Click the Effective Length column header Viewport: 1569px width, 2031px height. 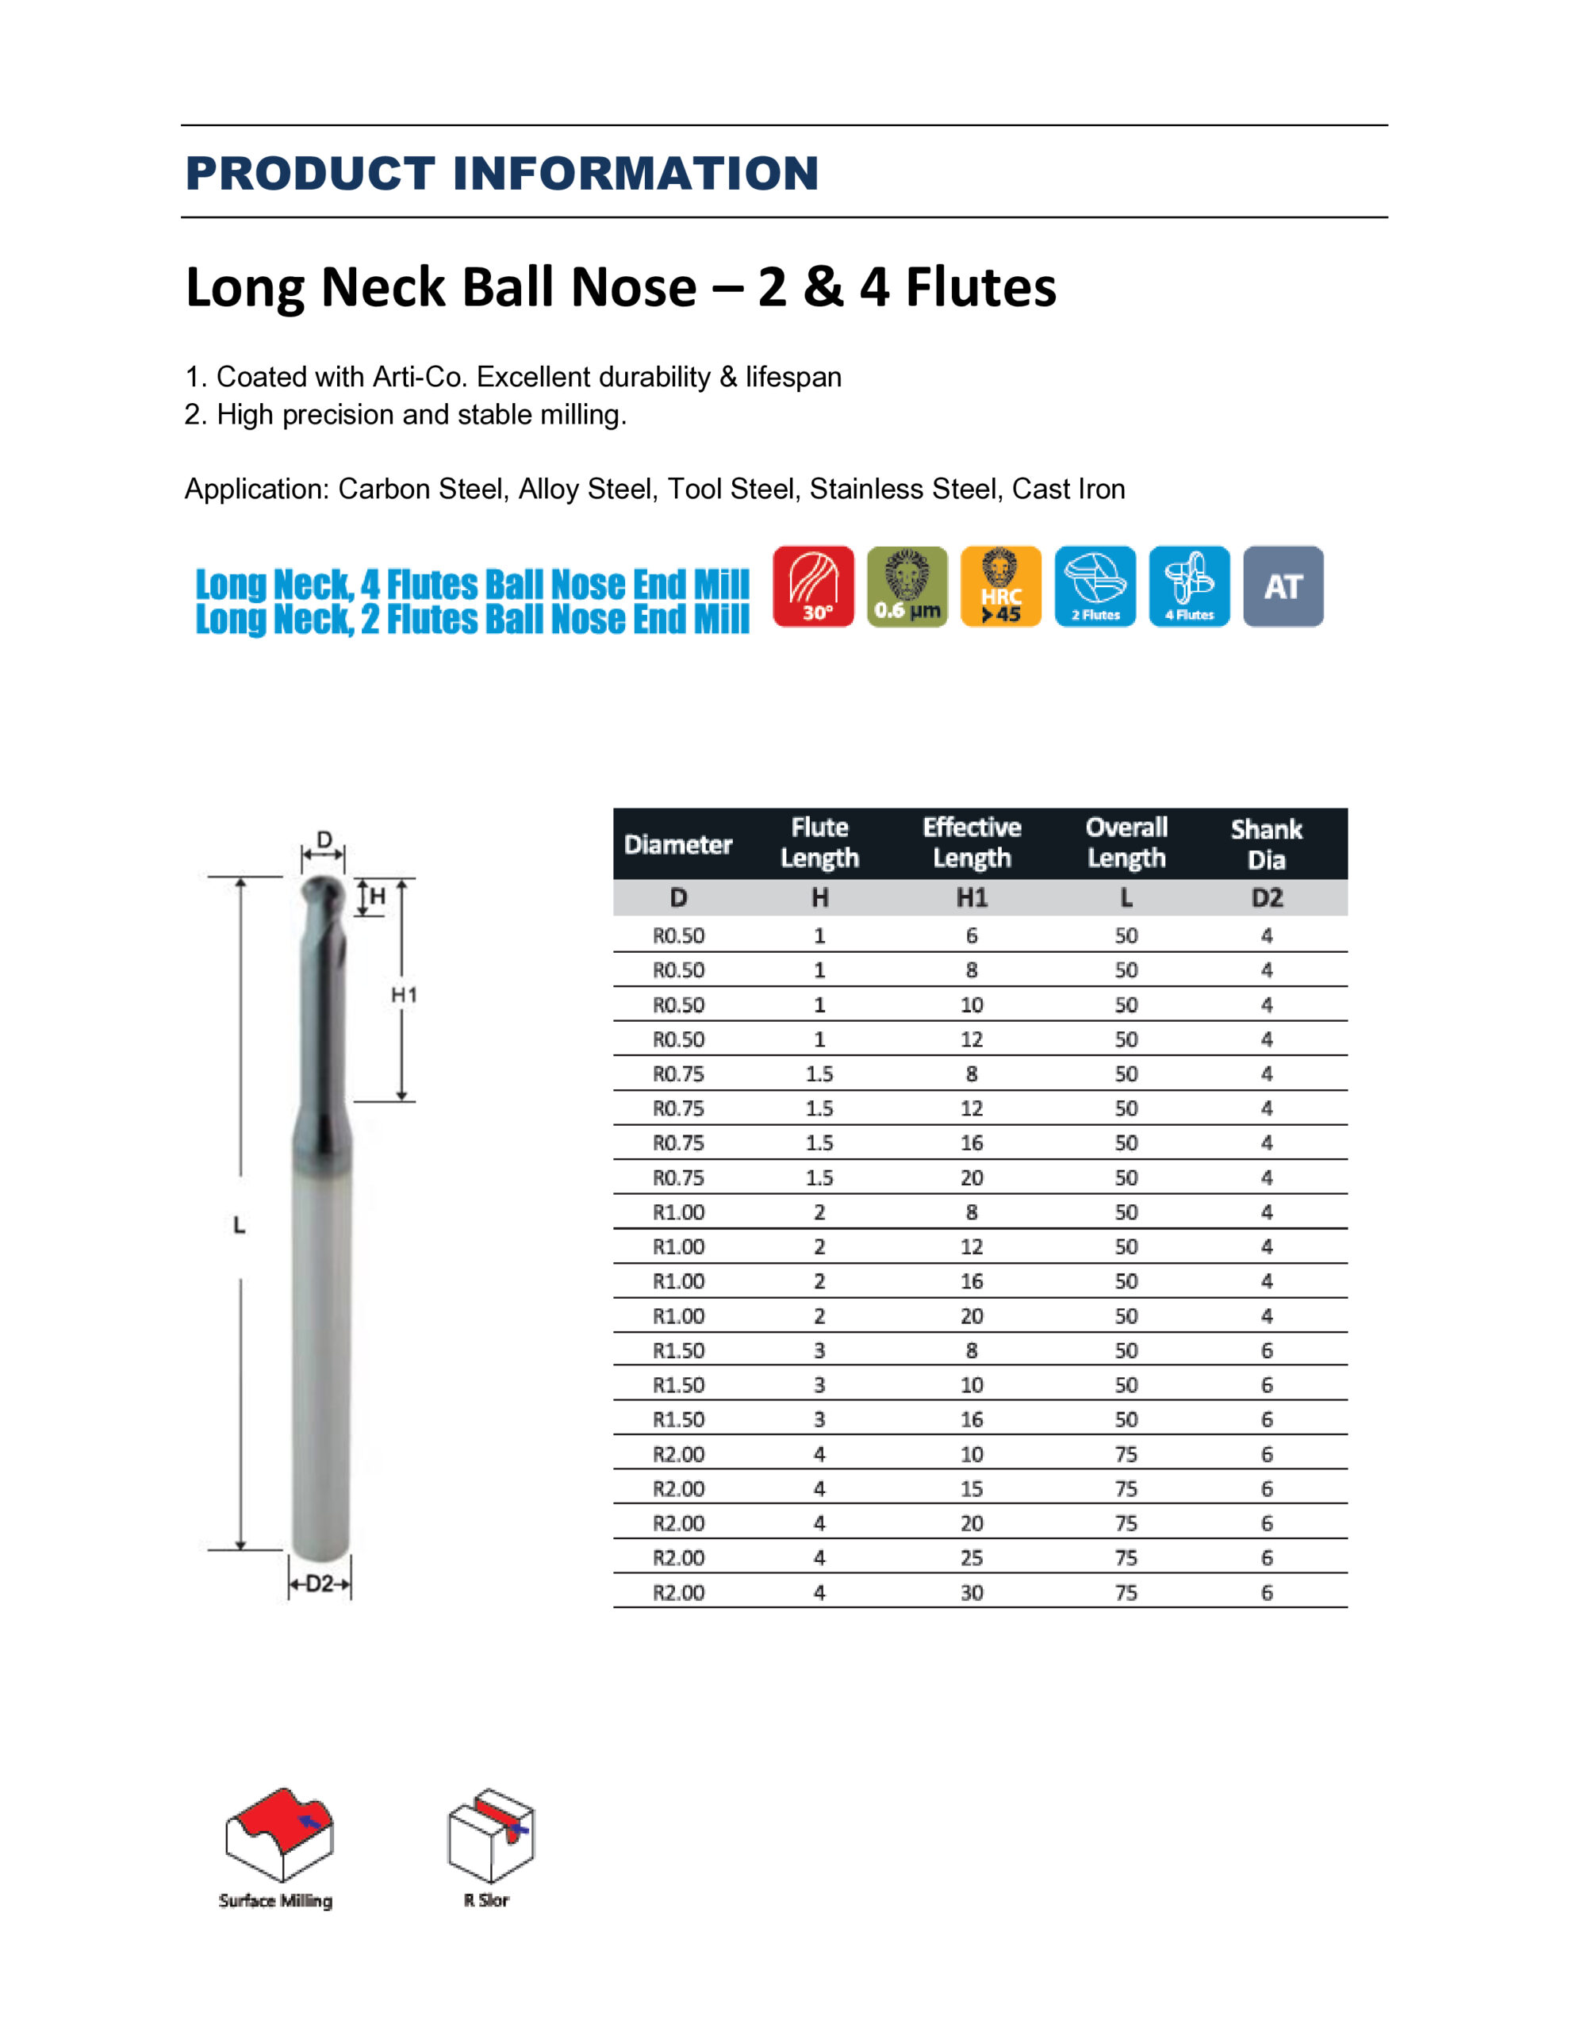point(971,843)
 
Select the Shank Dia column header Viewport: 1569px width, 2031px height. point(1266,843)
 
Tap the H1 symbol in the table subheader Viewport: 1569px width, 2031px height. point(972,897)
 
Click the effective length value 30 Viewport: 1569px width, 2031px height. point(972,1592)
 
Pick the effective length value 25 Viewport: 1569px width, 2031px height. point(972,1557)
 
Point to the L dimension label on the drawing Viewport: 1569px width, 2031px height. point(239,1226)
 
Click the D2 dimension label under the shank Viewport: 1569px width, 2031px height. point(319,1584)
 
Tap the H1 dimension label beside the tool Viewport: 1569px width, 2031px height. point(403,995)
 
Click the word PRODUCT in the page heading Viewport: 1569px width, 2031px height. point(309,173)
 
